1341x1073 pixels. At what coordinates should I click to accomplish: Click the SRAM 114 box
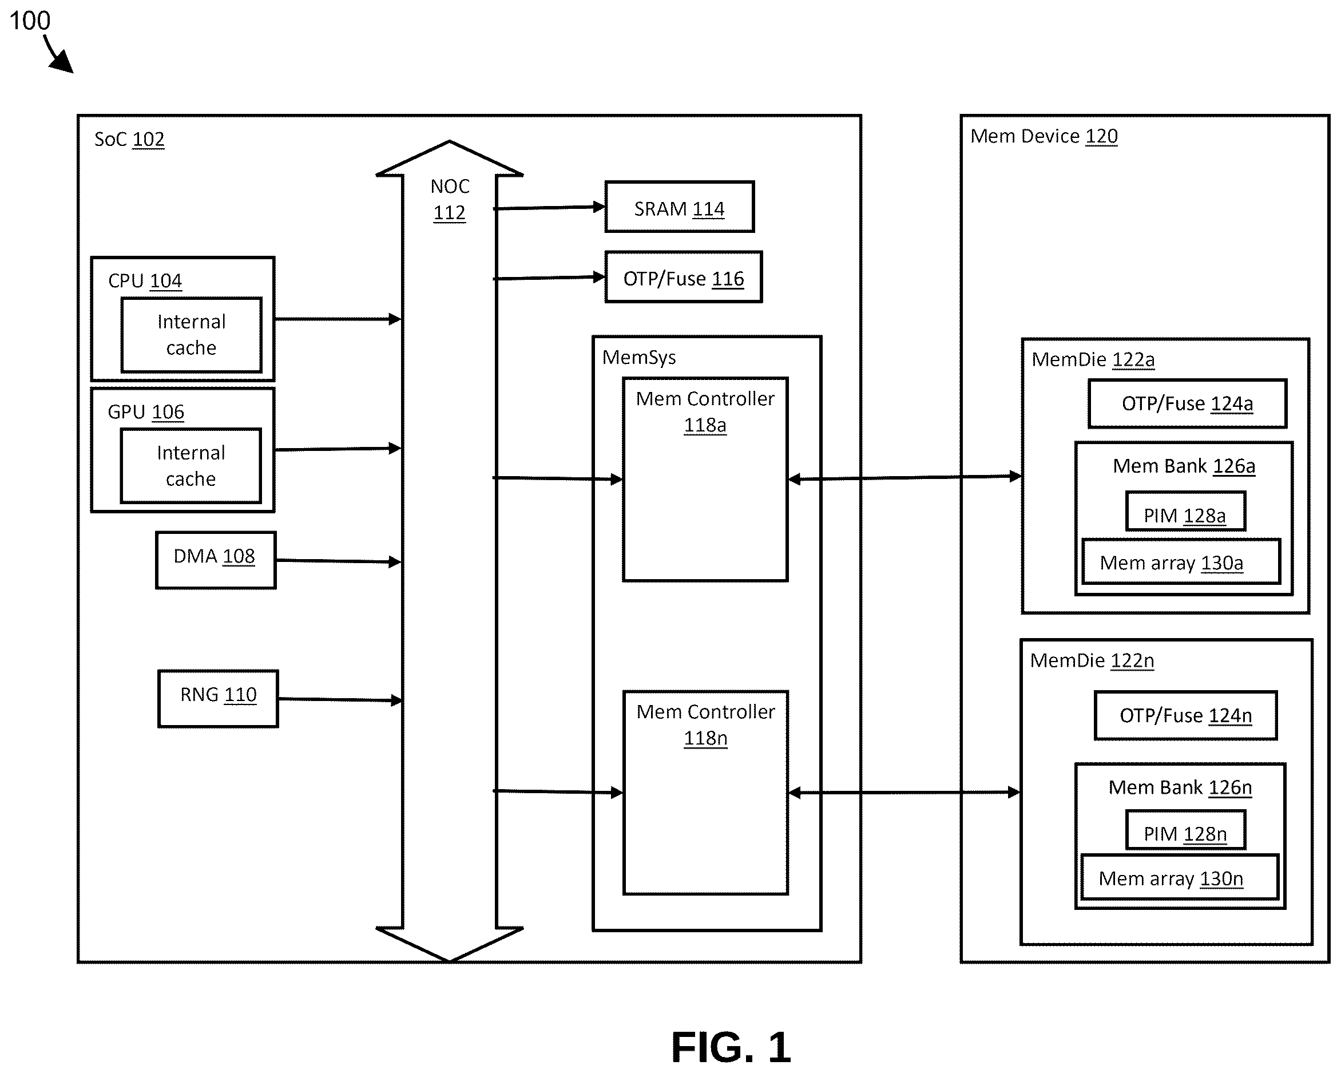679,207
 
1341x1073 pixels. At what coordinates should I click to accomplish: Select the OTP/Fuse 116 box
684,278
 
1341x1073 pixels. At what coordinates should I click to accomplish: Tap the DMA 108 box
216,560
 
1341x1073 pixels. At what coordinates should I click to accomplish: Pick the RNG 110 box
219,699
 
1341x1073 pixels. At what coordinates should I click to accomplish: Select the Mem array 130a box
1181,562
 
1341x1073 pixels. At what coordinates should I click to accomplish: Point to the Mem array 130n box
1180,878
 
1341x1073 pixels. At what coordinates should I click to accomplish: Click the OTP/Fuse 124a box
1187,403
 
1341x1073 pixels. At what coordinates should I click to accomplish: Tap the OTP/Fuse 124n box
1186,715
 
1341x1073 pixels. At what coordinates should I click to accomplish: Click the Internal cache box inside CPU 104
192,335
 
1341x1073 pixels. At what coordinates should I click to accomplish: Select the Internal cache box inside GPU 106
191,466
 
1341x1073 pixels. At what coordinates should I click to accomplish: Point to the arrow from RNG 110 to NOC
340,700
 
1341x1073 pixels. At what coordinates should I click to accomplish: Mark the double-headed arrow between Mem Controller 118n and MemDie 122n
904,793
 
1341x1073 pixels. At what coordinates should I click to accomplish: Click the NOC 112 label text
450,200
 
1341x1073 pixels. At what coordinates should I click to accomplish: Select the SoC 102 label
129,139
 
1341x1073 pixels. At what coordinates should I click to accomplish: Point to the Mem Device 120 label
1044,136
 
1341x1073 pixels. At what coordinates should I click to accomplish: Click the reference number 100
30,21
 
